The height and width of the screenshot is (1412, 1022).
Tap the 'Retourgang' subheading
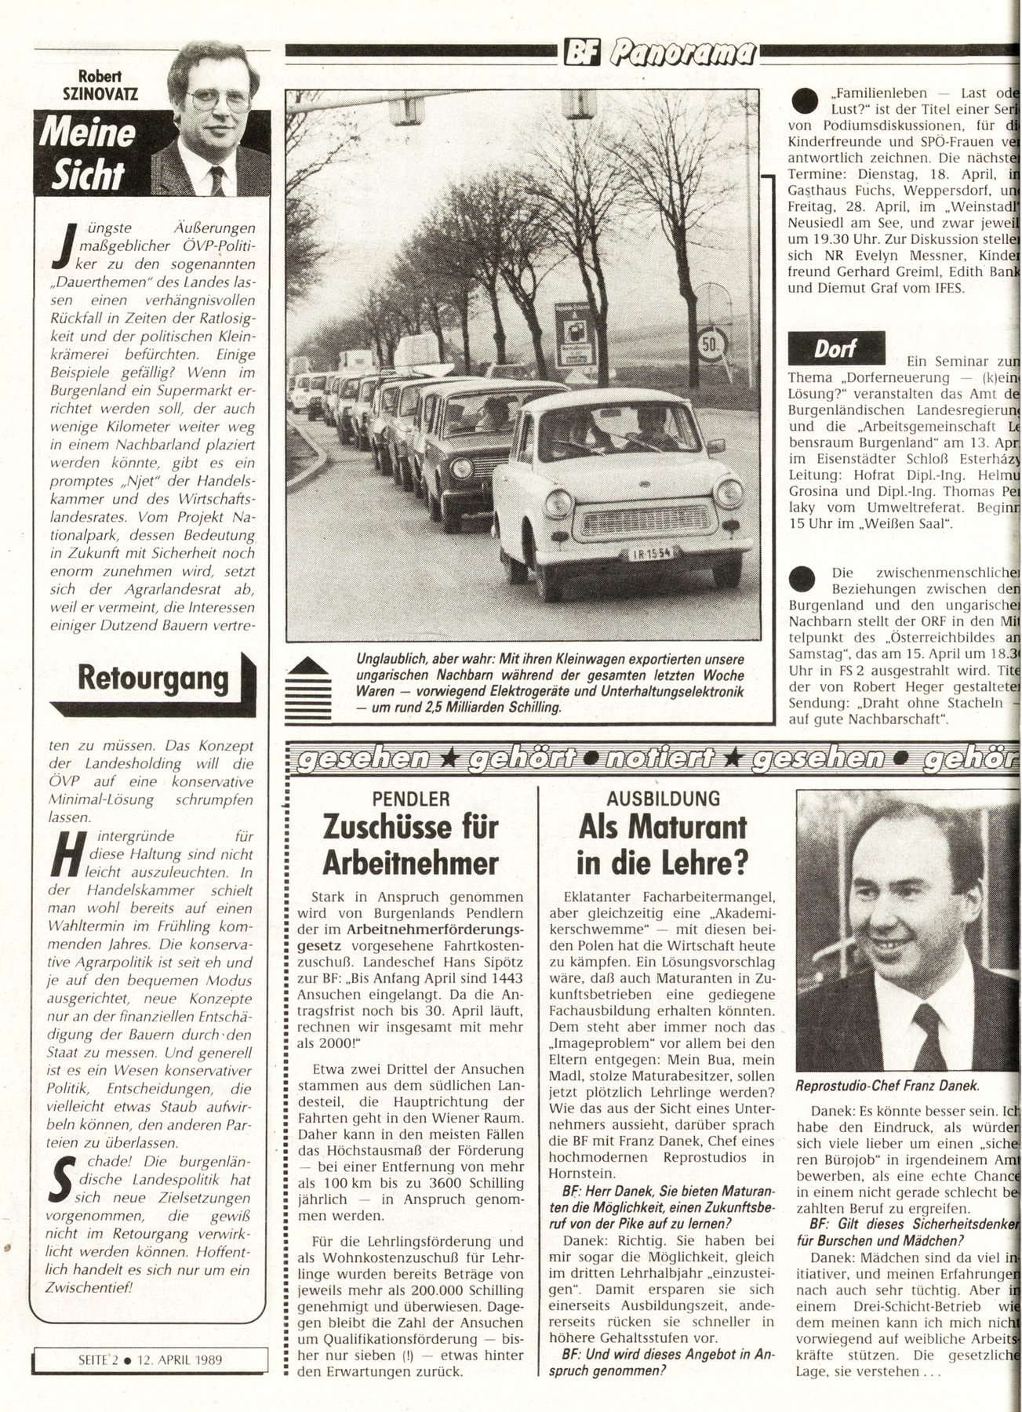(x=154, y=678)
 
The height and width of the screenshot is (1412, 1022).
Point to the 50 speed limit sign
(x=711, y=343)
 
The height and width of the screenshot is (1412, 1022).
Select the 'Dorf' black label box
(x=836, y=348)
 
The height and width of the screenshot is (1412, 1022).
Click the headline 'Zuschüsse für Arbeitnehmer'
(x=410, y=845)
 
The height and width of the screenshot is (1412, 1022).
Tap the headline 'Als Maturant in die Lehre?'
(x=663, y=845)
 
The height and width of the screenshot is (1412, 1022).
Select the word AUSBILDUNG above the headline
(x=664, y=799)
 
